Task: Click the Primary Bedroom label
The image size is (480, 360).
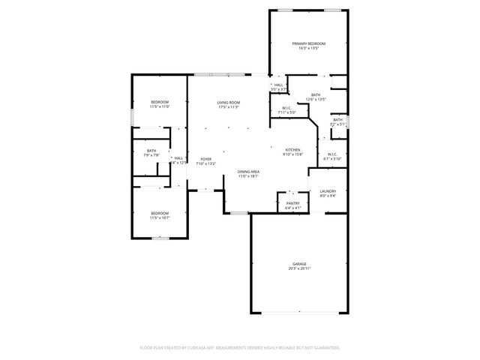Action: coord(309,45)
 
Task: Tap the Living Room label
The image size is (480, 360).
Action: coord(229,103)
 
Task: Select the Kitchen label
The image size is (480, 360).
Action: coord(292,150)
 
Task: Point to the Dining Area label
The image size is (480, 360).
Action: coord(248,172)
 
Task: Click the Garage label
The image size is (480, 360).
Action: coord(299,264)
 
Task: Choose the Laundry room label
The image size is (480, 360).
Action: coord(328,191)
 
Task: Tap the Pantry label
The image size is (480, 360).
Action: coord(292,203)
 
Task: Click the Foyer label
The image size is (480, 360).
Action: coord(205,159)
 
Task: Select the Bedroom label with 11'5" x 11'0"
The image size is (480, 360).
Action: coord(159,102)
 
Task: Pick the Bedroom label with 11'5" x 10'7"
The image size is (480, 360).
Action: coord(159,213)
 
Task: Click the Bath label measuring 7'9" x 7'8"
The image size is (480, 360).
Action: coord(151,151)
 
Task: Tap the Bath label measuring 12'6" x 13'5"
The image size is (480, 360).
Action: coord(315,95)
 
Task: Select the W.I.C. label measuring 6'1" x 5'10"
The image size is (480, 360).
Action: coord(332,154)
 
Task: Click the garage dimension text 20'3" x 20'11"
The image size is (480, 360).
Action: coord(299,268)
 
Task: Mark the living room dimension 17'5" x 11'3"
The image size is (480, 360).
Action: coord(229,107)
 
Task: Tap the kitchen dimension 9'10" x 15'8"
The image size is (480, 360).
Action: coord(292,154)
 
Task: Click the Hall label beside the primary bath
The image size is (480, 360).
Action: coord(278,85)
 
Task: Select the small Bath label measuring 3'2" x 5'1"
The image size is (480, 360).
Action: coord(337,120)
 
